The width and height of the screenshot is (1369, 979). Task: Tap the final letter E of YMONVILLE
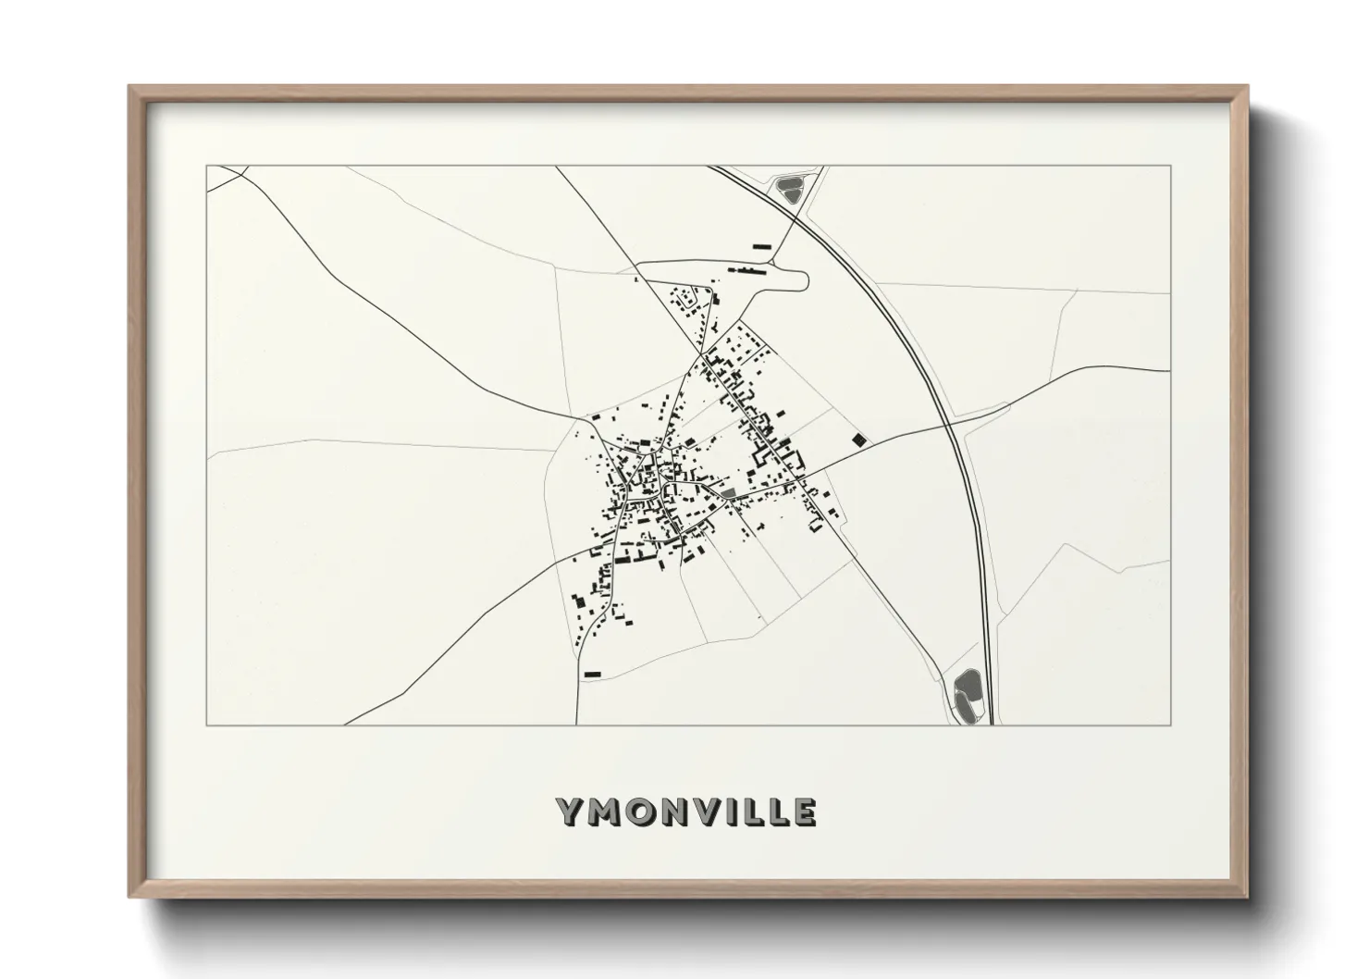804,812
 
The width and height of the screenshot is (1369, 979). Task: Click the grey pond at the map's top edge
789,190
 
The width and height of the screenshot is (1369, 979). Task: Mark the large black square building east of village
859,440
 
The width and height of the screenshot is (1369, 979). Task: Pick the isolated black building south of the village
593,673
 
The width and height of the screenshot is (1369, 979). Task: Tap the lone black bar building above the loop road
762,246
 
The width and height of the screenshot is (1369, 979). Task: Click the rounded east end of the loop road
806,277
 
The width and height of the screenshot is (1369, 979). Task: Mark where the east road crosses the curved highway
950,427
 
